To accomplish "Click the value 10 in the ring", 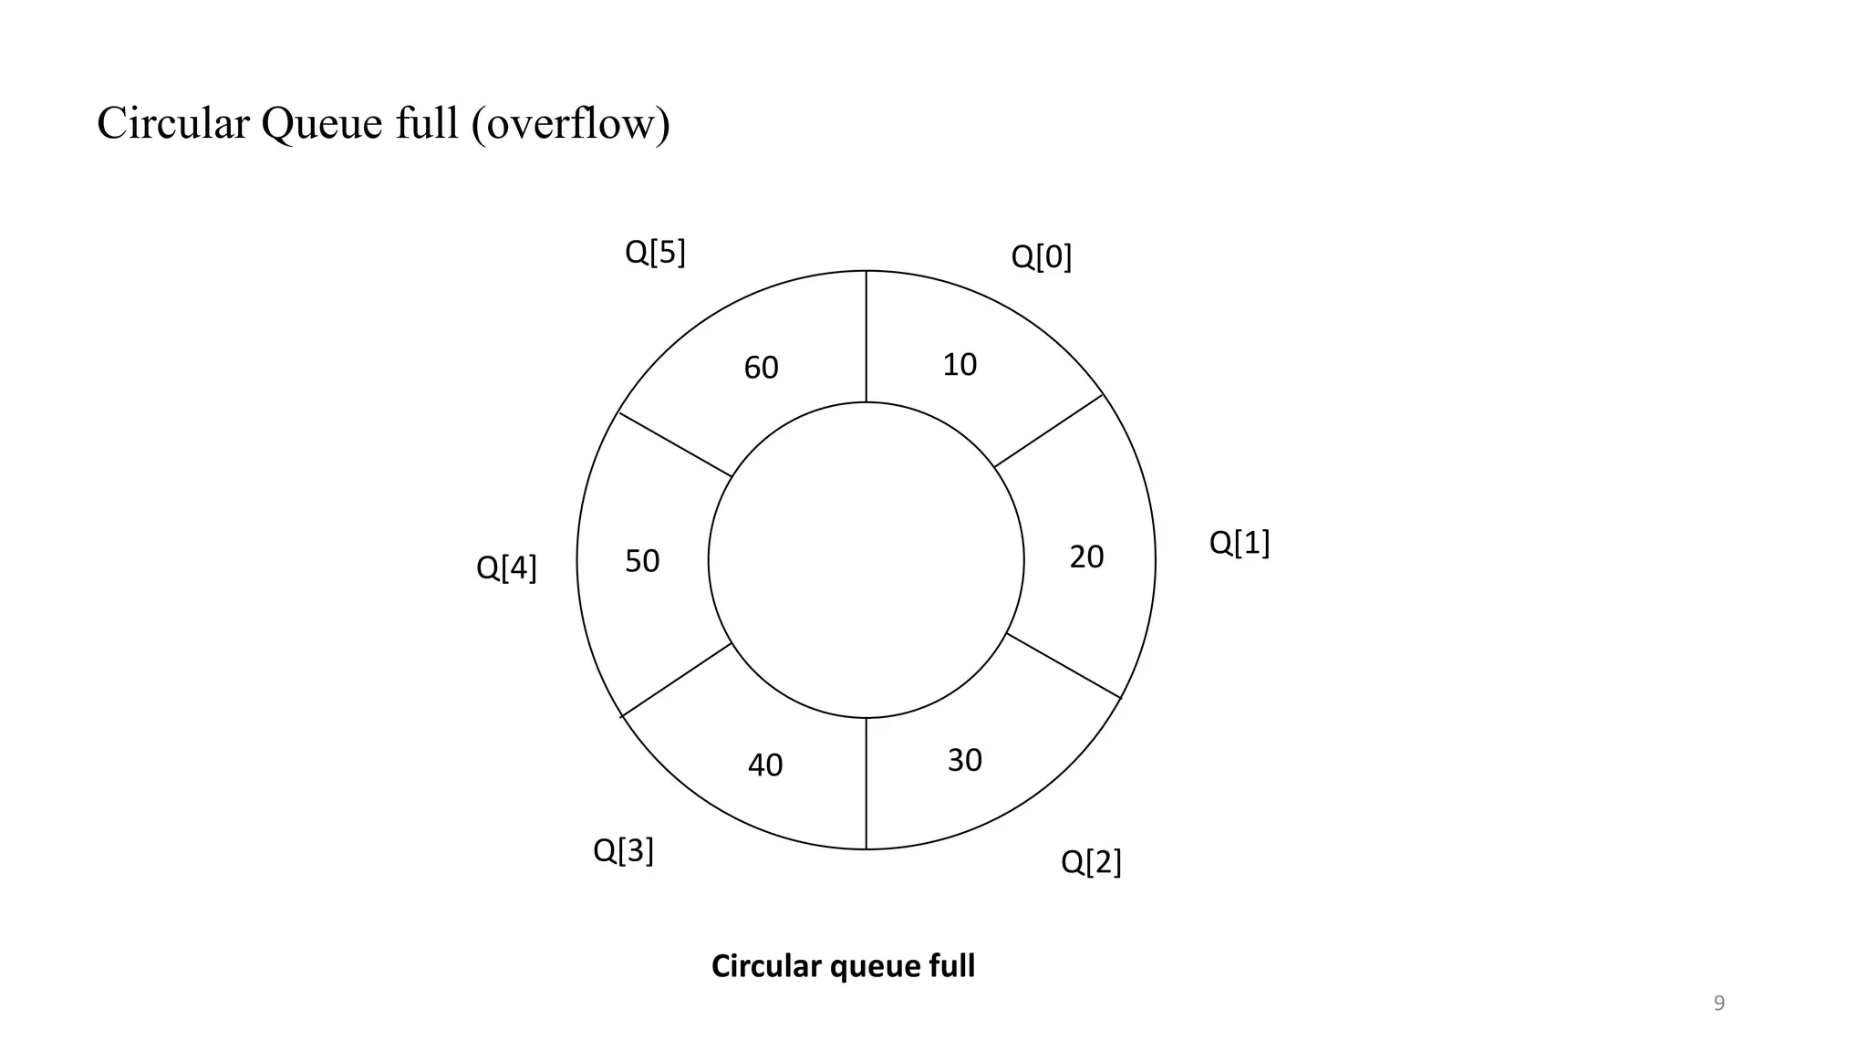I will click(x=960, y=365).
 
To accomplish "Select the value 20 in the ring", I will click(x=1086, y=557).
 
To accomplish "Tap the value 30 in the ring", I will click(x=964, y=760).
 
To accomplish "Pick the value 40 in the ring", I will click(x=765, y=765).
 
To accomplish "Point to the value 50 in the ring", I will click(x=642, y=561).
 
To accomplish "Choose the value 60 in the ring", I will click(x=761, y=368).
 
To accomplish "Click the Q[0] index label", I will click(x=1041, y=257).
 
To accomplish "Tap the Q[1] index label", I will click(x=1239, y=543).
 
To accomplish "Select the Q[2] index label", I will click(x=1091, y=861).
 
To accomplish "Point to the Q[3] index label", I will click(x=623, y=850).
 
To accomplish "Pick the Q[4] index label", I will click(x=506, y=568).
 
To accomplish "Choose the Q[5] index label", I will click(x=655, y=252).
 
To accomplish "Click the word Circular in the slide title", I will click(x=172, y=123).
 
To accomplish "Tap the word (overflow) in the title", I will click(x=571, y=123).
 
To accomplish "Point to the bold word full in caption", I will click(x=951, y=965).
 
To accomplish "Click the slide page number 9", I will click(x=1719, y=1004).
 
